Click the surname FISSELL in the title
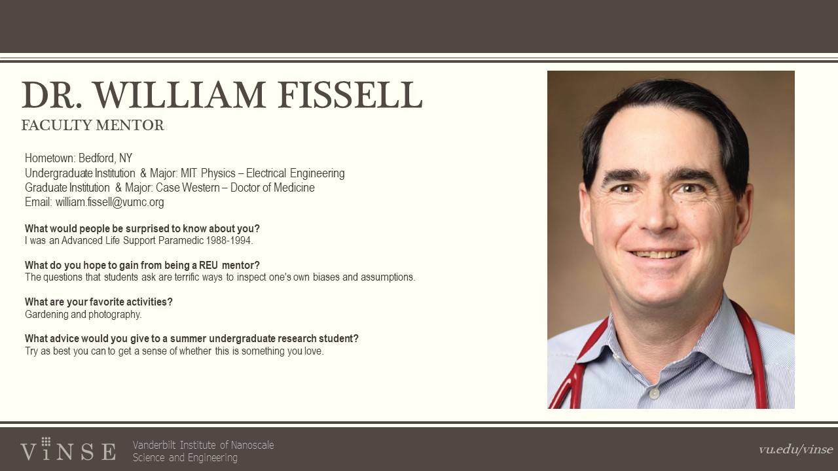(350, 95)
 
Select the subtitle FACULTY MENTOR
(93, 125)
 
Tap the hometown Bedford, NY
(105, 158)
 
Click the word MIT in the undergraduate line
(189, 173)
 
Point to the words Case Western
(188, 188)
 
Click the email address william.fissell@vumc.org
(109, 202)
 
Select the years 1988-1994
(229, 240)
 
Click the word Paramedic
(181, 240)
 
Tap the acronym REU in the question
(208, 266)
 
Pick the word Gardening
(46, 315)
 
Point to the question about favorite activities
(99, 302)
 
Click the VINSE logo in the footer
(68, 449)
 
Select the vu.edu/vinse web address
(795, 449)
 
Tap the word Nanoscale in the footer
(253, 445)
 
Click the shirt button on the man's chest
(654, 393)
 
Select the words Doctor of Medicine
(272, 188)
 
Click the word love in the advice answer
(314, 351)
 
